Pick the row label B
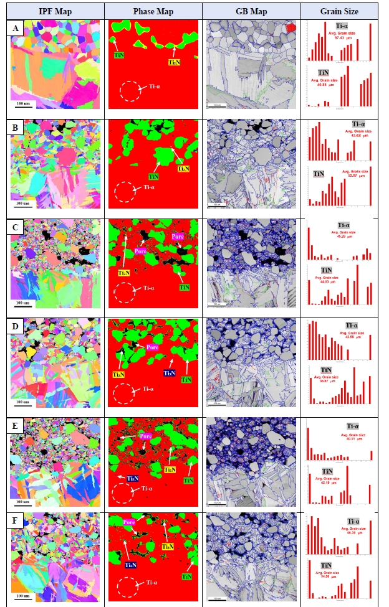pyautogui.click(x=17, y=127)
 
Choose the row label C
pyautogui.click(x=17, y=227)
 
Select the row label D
pyautogui.click(x=17, y=326)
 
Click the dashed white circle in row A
pyautogui.click(x=130, y=91)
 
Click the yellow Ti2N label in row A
pyautogui.click(x=175, y=63)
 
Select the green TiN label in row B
pyautogui.click(x=154, y=177)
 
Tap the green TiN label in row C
pyautogui.click(x=185, y=287)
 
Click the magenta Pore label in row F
pyautogui.click(x=130, y=522)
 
